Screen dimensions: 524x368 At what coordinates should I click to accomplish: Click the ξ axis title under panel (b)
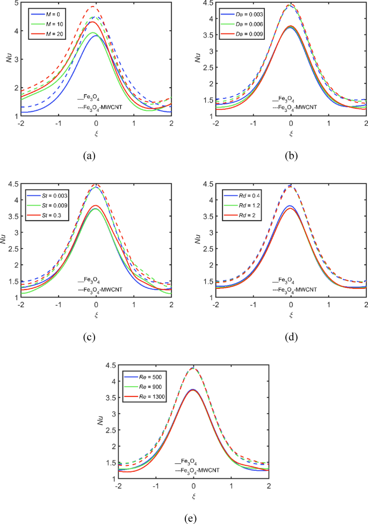pos(291,132)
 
